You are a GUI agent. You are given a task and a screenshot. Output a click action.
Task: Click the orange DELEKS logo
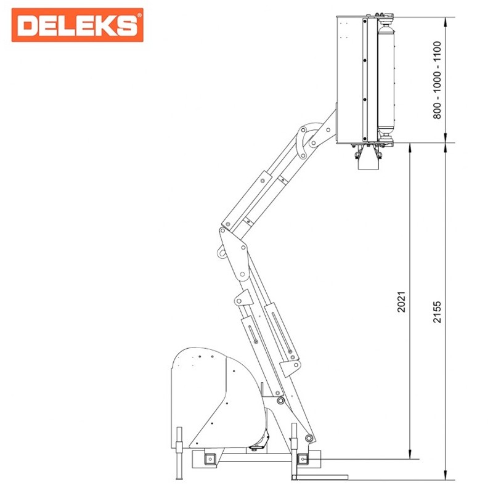coord(78,25)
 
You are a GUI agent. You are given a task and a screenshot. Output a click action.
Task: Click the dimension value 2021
coord(402,302)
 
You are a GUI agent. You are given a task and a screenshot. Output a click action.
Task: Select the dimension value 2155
coord(438,312)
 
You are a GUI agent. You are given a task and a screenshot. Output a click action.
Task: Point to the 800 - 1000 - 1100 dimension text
coord(437,80)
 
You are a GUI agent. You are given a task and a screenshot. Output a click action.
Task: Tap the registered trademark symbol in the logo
coord(139,15)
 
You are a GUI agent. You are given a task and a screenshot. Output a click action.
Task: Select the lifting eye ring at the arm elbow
coord(221,253)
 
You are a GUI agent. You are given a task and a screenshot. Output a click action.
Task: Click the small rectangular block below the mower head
coord(369,164)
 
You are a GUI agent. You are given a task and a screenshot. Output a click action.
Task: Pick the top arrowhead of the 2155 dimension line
coord(445,22)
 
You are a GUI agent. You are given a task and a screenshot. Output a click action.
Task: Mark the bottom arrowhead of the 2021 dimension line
coord(410,454)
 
